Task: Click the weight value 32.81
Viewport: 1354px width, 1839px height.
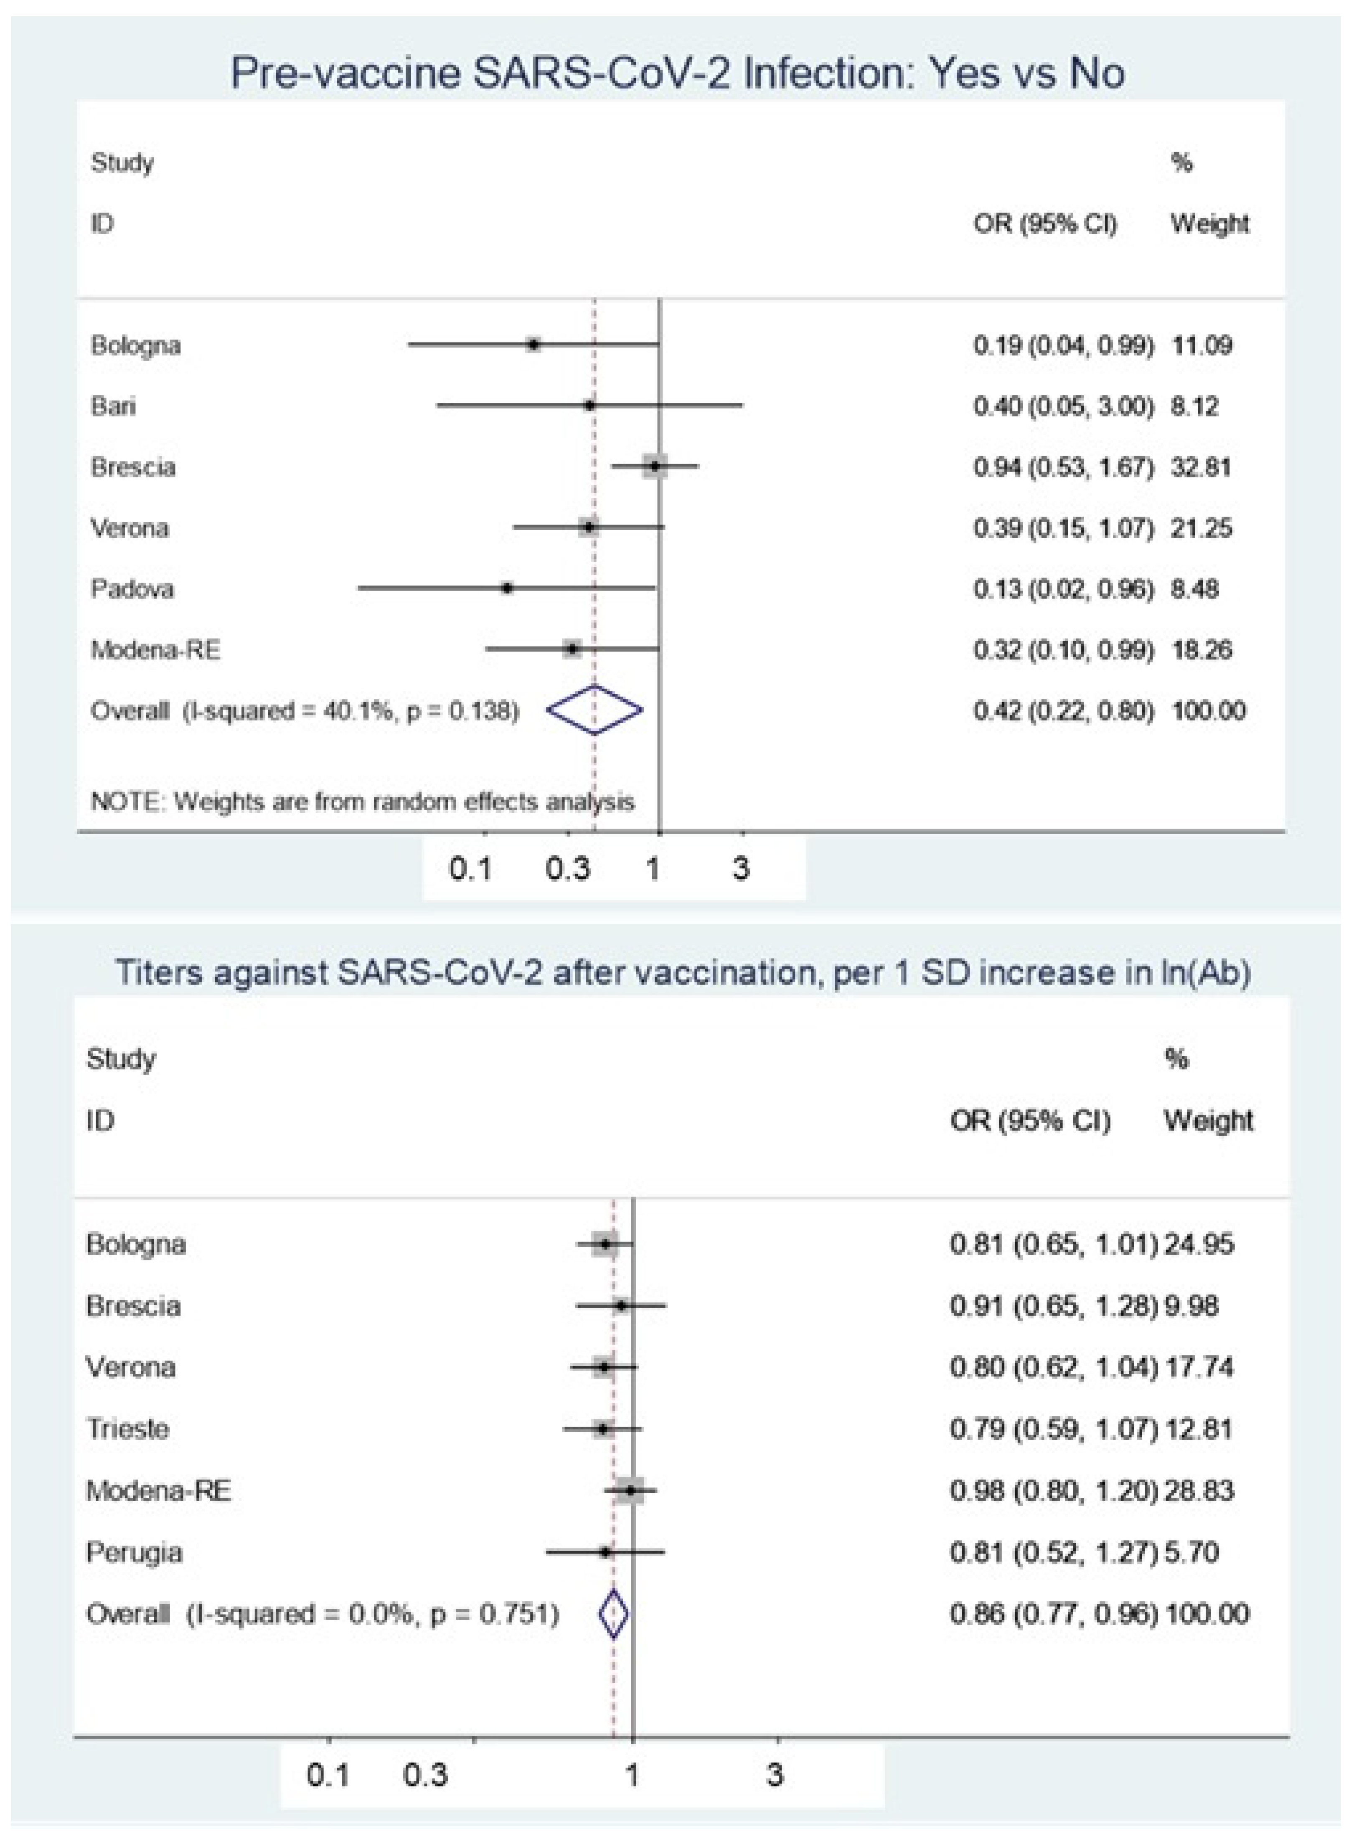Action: pyautogui.click(x=1201, y=467)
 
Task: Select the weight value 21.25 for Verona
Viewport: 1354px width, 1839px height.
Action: pyautogui.click(x=1201, y=528)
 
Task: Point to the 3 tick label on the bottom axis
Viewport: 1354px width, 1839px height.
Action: pyautogui.click(x=775, y=1775)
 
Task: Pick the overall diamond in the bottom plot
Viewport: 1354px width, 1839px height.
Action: pyautogui.click(x=614, y=1613)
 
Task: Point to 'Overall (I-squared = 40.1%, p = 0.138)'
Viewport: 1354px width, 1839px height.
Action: pyautogui.click(x=305, y=710)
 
